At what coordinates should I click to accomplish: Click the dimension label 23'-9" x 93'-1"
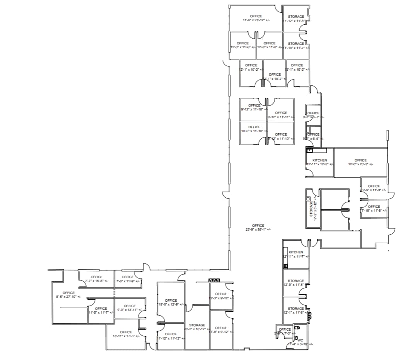click(258, 229)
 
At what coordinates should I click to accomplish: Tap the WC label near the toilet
click(301, 340)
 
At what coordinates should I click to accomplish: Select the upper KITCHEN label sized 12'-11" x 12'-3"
click(319, 160)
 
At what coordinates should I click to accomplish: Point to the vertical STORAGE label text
click(311, 209)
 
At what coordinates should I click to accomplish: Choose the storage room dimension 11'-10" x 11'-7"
click(296, 48)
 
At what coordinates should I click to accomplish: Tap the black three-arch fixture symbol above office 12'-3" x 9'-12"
click(214, 280)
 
